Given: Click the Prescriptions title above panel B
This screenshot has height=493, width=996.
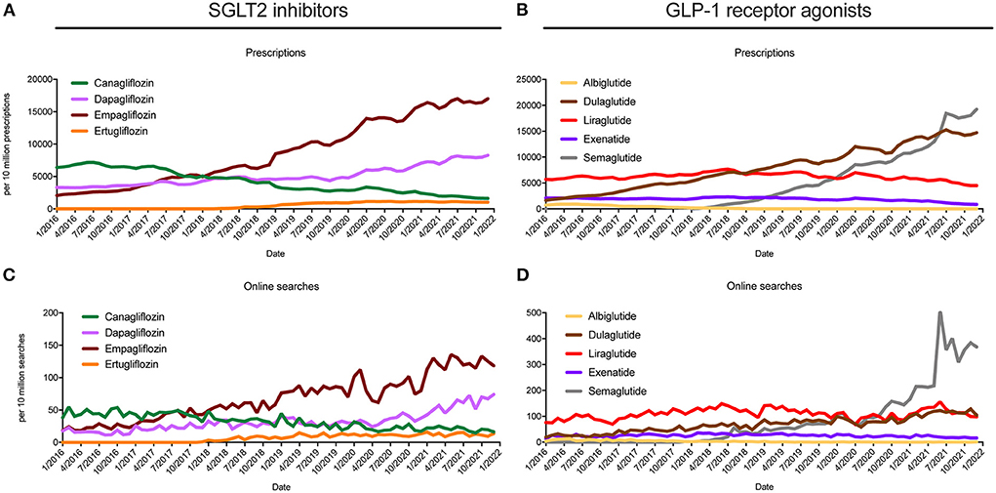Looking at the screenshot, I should [x=768, y=53].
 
